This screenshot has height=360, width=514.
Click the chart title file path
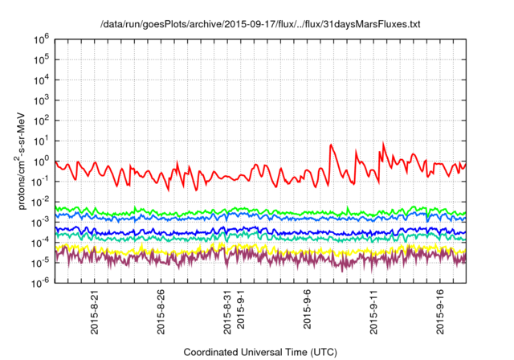click(x=261, y=25)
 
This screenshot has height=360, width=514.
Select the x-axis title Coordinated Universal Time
click(x=261, y=352)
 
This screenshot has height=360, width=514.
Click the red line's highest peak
click(x=383, y=144)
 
